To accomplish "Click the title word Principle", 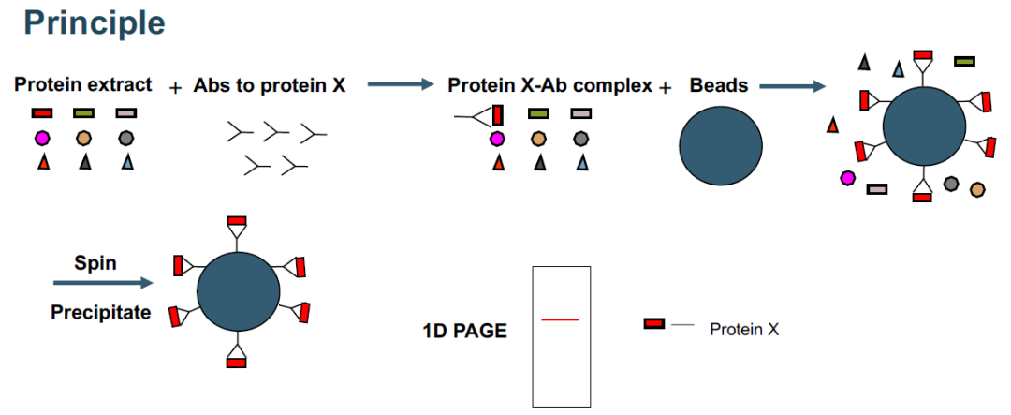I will (x=94, y=22).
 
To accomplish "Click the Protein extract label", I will (x=82, y=85).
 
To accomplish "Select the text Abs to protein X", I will (x=270, y=86).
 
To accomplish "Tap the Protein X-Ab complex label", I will (x=549, y=86).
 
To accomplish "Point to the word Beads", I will (x=719, y=86).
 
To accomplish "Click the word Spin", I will (x=95, y=262).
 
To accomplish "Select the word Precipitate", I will (x=100, y=312).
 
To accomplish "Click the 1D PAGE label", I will (x=464, y=331).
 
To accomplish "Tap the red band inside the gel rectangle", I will (x=560, y=320).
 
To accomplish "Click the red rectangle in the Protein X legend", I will (x=654, y=324).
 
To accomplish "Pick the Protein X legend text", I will (x=744, y=330).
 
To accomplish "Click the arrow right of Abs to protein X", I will (x=402, y=85).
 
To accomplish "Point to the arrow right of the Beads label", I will (x=792, y=87).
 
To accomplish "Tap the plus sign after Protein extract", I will (x=175, y=88).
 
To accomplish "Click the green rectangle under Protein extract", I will (x=83, y=113).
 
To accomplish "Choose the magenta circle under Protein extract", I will (x=42, y=138).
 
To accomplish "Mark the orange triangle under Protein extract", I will (x=42, y=163).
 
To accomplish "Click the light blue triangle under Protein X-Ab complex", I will (x=581, y=163).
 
